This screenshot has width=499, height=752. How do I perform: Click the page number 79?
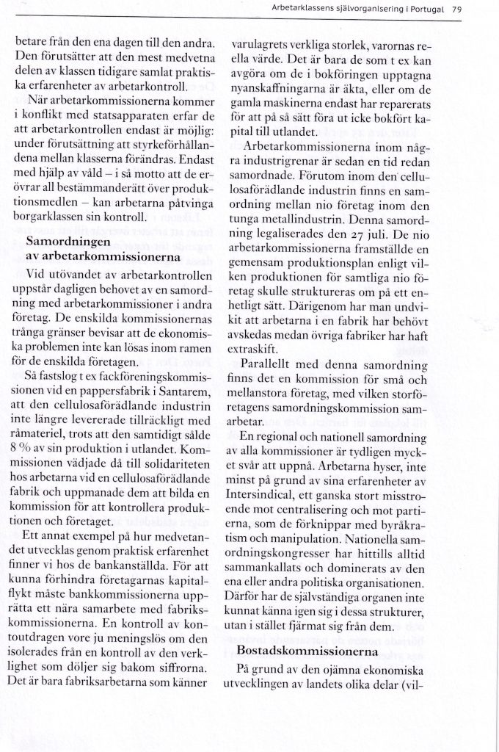tap(456, 10)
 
